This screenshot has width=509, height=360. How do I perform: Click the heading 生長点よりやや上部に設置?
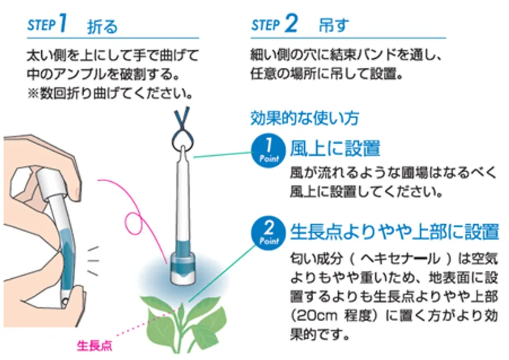point(394,231)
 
